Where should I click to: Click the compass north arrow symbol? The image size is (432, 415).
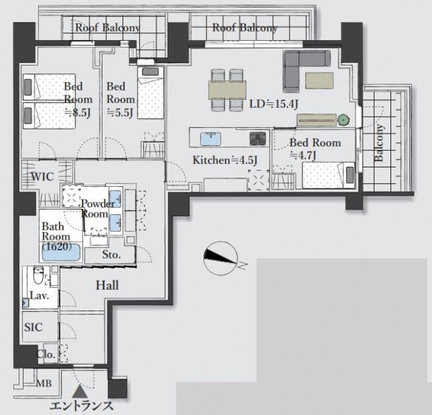tap(221, 258)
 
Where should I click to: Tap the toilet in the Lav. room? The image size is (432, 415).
tap(38, 275)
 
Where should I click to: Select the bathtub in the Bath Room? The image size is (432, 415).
tap(61, 252)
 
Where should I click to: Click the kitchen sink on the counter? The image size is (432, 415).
tap(210, 139)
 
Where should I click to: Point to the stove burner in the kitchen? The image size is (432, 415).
tap(258, 139)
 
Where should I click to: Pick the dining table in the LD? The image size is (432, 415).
tap(227, 90)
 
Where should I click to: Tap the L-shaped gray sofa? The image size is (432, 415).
tap(307, 71)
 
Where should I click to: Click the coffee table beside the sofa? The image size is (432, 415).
tap(319, 80)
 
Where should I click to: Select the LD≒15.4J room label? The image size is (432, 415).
tap(273, 104)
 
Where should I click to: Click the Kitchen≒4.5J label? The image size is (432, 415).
tap(225, 160)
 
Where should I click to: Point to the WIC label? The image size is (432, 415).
tap(42, 176)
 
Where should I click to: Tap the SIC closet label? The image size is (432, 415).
tap(33, 327)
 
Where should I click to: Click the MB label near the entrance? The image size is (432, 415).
tap(44, 383)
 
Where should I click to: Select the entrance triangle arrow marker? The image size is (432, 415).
tap(80, 391)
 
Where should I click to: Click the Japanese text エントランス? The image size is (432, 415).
tap(82, 406)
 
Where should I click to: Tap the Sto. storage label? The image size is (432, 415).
tap(111, 255)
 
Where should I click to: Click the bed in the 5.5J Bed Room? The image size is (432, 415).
tap(151, 93)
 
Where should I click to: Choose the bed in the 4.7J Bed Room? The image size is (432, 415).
tap(328, 175)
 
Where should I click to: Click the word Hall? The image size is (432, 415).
tap(107, 286)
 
